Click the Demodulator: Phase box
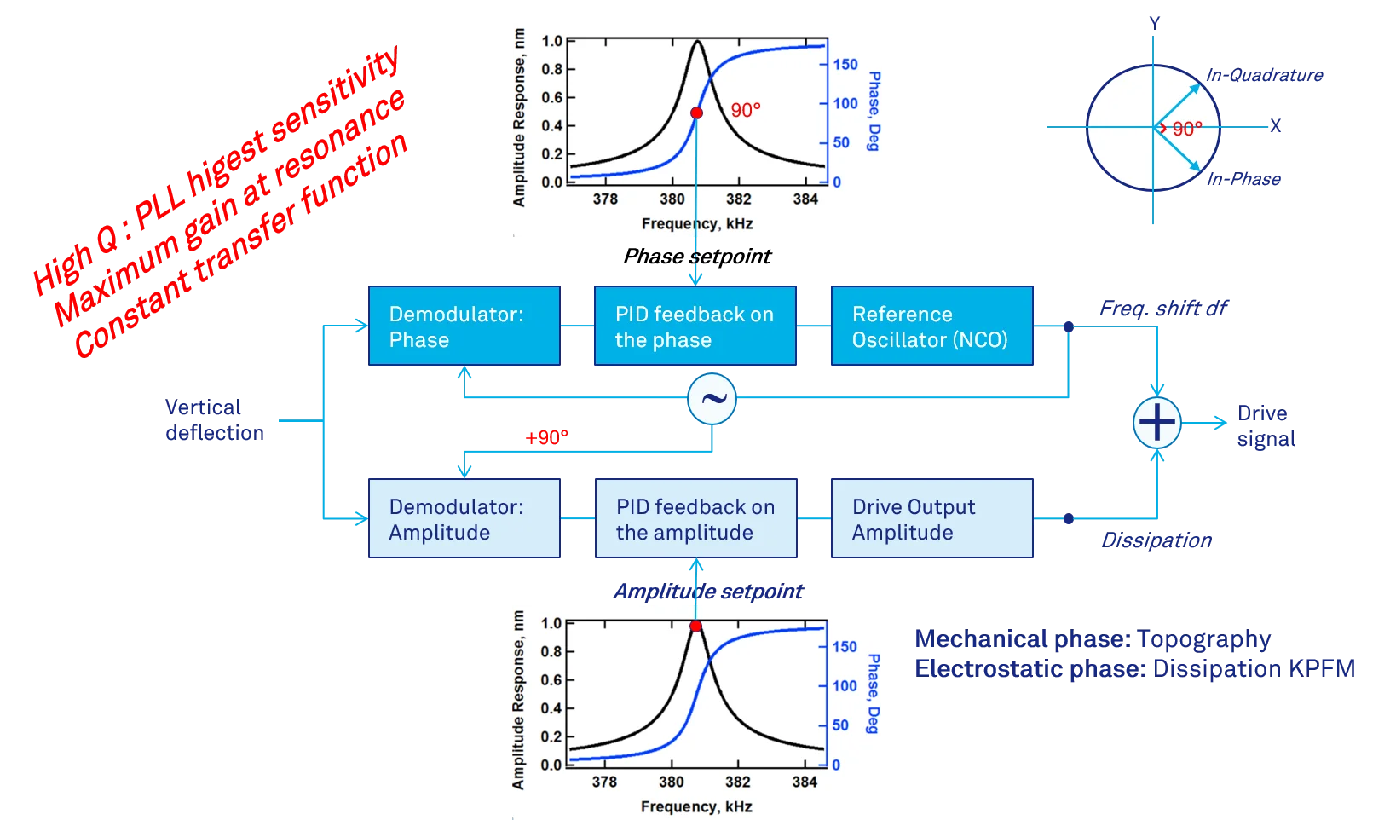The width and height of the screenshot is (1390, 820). [464, 326]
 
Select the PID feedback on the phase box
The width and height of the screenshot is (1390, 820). [695, 326]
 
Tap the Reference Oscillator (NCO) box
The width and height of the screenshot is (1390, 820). [932, 326]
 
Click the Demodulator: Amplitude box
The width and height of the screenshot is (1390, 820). [464, 517]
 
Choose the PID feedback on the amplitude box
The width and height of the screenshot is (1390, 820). [695, 517]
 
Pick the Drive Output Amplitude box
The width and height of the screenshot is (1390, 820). [932, 517]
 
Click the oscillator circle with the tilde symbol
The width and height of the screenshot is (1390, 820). [712, 399]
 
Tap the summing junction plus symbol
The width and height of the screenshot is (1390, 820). [1157, 422]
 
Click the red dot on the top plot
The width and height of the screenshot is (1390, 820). [696, 113]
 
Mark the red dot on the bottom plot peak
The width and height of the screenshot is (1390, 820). [695, 626]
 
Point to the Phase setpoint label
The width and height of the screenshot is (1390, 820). [697, 256]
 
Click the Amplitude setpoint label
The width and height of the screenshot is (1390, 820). [708, 591]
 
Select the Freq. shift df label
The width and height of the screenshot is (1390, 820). [1163, 308]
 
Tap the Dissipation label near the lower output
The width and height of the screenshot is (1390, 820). [1156, 540]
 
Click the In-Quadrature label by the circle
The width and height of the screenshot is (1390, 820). [1264, 75]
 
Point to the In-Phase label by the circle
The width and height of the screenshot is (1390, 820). [1243, 179]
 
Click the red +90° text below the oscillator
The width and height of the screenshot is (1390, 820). [546, 437]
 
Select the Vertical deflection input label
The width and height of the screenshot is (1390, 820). [215, 419]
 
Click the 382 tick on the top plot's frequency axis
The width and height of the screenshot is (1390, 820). [738, 199]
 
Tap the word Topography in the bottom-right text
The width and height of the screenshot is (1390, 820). [1204, 639]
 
